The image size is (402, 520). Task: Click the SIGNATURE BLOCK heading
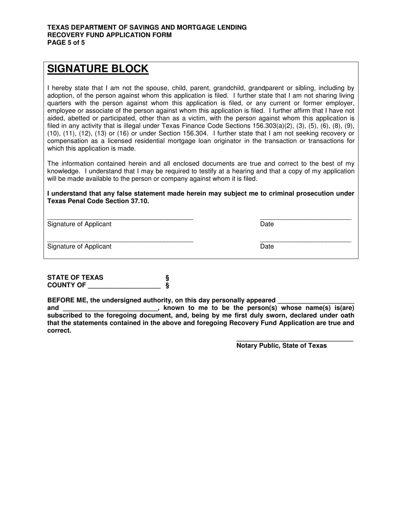(98, 69)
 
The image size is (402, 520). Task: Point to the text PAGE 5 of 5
(66, 42)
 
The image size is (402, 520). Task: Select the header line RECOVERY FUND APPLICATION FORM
(110, 35)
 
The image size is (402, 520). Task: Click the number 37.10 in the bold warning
(140, 201)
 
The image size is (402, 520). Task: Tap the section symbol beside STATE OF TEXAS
(167, 278)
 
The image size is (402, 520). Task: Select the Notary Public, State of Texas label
(281, 345)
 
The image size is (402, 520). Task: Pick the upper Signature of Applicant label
(80, 224)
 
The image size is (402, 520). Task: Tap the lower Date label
(267, 246)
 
